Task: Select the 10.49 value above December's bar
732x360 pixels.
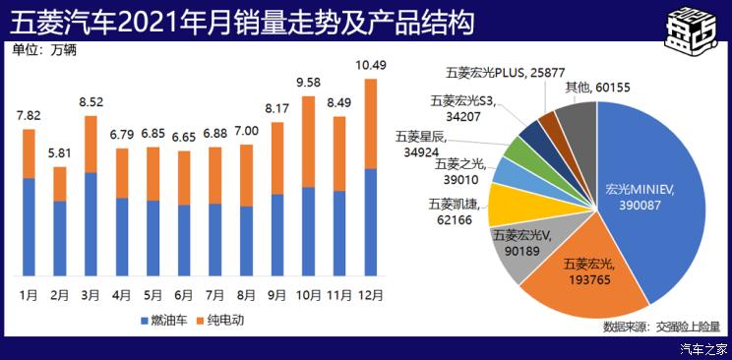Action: coord(370,66)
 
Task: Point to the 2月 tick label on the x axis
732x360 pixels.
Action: coord(59,294)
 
